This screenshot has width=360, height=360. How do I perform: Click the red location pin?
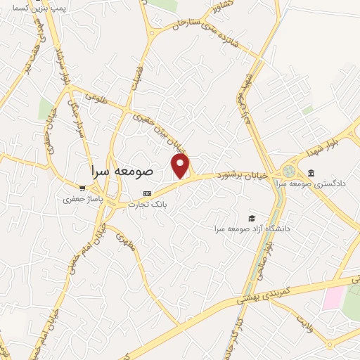tap(181, 166)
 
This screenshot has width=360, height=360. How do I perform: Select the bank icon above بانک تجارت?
tap(146, 193)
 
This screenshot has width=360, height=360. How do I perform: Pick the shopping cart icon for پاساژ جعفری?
tap(83, 188)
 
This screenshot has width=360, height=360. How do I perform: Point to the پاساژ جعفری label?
tap(83, 199)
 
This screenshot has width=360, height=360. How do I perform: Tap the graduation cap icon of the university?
tap(252, 218)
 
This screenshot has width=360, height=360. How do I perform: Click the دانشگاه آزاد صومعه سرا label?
tap(253, 229)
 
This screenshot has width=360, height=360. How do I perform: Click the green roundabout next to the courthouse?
tap(288, 171)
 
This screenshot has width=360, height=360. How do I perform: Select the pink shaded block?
tap(333, 299)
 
